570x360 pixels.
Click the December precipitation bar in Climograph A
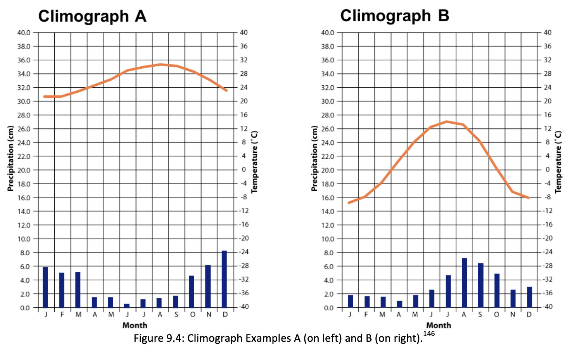224,279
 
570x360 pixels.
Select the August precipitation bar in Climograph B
464,283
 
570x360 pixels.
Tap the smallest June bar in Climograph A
127,306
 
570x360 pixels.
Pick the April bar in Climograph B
399,304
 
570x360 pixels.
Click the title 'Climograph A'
92,16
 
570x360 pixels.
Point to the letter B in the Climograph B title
443,16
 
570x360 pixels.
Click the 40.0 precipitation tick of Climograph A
24,33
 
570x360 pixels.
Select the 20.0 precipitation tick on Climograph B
328,170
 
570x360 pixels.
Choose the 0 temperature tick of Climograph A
244,170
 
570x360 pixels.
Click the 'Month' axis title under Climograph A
135,325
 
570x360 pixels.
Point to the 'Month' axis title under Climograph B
439,325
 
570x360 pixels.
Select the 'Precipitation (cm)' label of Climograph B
314,158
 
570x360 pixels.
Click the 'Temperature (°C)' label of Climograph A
254,162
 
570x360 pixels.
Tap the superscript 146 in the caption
429,334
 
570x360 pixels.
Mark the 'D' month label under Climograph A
225,315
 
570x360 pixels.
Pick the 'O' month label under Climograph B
497,315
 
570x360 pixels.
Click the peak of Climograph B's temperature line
447,121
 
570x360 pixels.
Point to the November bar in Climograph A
208,286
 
